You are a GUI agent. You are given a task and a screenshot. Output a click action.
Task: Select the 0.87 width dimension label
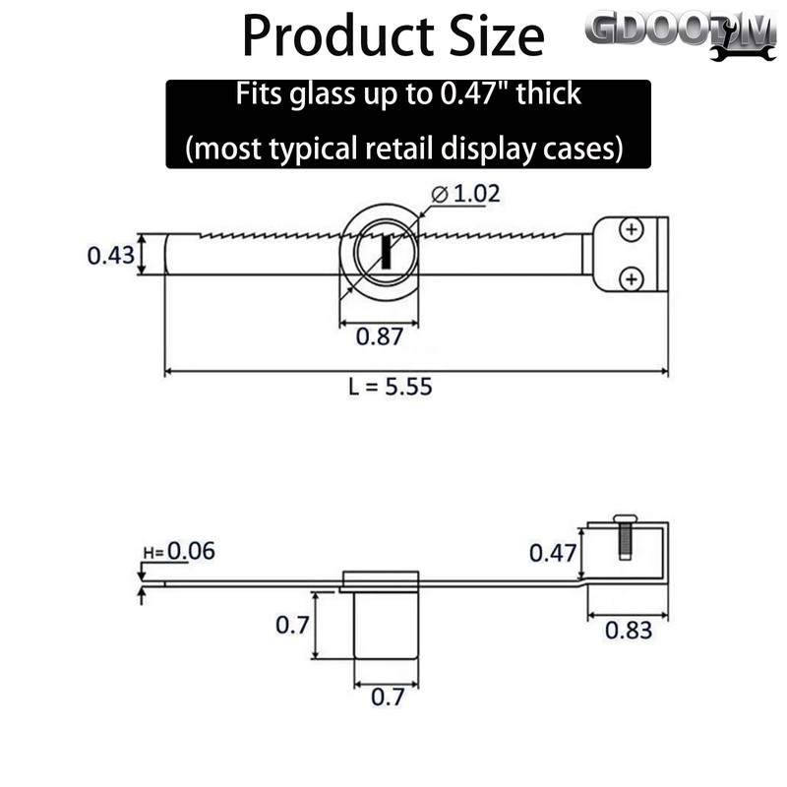(378, 336)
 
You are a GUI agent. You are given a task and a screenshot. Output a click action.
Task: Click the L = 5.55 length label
(390, 387)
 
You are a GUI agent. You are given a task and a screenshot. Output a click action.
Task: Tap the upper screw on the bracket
(631, 231)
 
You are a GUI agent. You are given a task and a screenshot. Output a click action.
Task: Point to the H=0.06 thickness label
(178, 551)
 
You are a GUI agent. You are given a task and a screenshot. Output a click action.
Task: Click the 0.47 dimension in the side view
(552, 553)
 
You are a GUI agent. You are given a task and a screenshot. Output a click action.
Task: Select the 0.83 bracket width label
(628, 631)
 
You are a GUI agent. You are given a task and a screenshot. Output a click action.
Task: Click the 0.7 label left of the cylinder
(292, 624)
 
